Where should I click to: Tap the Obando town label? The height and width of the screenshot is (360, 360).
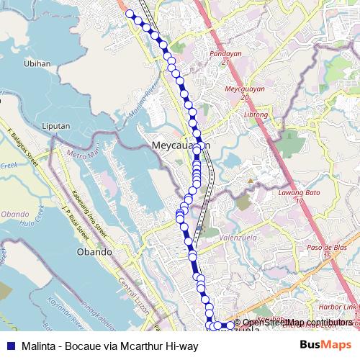click(x=94, y=252)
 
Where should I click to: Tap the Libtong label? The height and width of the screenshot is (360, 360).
click(x=256, y=114)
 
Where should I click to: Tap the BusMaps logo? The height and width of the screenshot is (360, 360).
click(x=327, y=345)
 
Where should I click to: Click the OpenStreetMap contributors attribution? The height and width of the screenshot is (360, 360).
click(x=297, y=323)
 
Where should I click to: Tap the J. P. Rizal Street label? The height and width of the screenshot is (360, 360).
click(x=76, y=226)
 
